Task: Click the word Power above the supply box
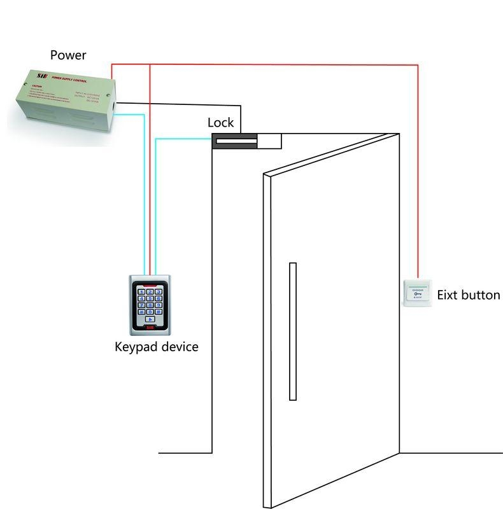pyautogui.click(x=68, y=55)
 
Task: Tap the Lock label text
pyautogui.click(x=221, y=123)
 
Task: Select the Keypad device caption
pyautogui.click(x=157, y=347)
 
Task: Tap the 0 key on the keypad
pyautogui.click(x=150, y=312)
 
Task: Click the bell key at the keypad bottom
pyautogui.click(x=150, y=320)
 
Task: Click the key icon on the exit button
pyautogui.click(x=418, y=293)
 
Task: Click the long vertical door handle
pyautogui.click(x=292, y=331)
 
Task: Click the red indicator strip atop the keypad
pyautogui.click(x=150, y=280)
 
